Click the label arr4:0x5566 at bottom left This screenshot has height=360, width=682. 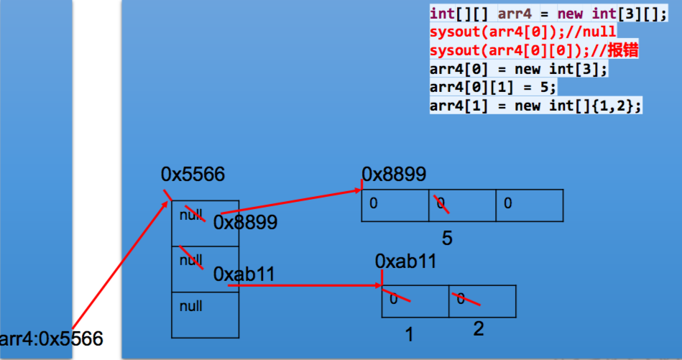coord(52,338)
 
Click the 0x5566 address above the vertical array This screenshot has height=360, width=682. coord(193,175)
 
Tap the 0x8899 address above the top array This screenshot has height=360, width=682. coord(394,175)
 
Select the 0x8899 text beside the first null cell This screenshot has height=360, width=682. coord(245,223)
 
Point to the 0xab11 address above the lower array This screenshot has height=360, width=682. coord(406,261)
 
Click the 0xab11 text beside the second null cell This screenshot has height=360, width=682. coord(244,274)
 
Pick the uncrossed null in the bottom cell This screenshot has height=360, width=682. coord(190,306)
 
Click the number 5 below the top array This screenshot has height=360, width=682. coord(447,238)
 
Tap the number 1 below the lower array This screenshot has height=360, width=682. coord(410,334)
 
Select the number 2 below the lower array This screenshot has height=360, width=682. coord(478,329)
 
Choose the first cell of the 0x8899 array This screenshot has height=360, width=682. coord(395,205)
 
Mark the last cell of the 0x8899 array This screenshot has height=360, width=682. coord(529,205)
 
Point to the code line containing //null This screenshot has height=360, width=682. coord(522,32)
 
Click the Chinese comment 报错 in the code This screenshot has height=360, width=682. coord(623,51)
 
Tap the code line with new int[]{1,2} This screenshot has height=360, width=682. coord(535,106)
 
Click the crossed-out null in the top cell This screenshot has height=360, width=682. coord(191,215)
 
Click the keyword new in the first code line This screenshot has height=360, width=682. coord(568,14)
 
